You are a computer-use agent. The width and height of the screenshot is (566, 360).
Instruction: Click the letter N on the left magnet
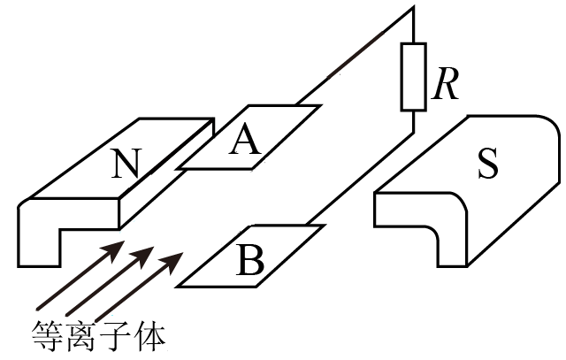[126, 164]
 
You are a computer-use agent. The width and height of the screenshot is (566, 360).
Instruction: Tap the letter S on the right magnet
[488, 164]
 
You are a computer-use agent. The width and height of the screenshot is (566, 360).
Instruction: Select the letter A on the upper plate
[245, 140]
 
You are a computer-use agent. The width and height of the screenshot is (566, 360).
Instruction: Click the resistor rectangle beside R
[413, 77]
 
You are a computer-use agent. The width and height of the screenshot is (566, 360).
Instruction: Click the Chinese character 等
[47, 336]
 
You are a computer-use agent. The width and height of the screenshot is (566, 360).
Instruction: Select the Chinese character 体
[149, 336]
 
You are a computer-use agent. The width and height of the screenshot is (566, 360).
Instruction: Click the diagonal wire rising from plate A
[355, 56]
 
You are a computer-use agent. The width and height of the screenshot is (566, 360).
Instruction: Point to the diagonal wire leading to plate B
[360, 179]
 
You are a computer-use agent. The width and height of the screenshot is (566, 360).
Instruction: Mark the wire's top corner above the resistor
[413, 7]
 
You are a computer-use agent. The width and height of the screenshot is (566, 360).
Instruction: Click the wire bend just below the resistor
[413, 133]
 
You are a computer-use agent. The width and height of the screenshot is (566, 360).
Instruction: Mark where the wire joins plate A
[296, 105]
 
